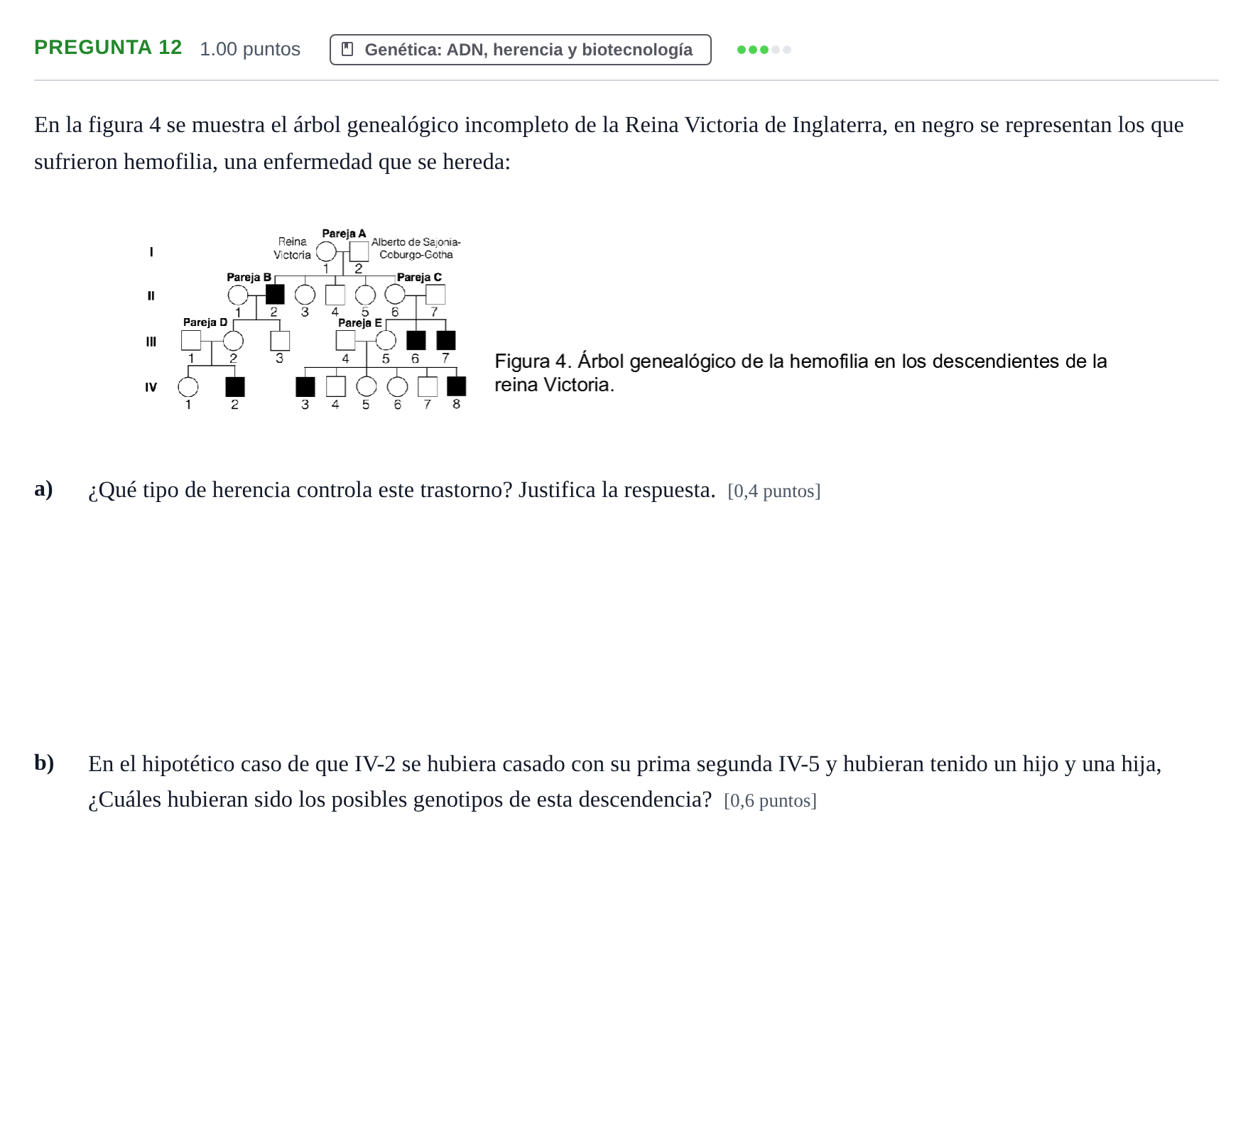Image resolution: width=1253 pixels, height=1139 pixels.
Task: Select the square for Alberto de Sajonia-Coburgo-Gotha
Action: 359,251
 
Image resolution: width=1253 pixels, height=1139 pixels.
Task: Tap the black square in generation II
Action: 275,294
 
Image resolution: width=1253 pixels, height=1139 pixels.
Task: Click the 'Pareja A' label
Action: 344,234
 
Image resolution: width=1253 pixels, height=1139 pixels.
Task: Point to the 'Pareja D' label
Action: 205,322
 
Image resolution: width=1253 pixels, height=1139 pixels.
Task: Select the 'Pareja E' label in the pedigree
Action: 360,323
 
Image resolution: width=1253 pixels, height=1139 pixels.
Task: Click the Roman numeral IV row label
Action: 151,387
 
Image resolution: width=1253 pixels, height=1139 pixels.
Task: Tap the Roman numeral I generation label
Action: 151,252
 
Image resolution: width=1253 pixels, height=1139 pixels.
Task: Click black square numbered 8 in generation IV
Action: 457,386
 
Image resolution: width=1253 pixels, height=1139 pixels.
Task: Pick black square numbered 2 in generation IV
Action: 235,387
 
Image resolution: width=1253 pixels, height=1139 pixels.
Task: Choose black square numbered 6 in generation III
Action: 416,340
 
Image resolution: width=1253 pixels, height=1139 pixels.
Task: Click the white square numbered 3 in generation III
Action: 280,341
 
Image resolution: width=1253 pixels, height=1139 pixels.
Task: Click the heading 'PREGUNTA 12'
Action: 108,48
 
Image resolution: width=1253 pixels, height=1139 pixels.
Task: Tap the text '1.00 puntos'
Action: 250,49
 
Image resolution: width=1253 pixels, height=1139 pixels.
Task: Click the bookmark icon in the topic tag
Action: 347,49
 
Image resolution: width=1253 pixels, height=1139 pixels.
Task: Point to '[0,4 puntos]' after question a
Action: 774,491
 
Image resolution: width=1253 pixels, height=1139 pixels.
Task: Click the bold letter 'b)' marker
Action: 44,763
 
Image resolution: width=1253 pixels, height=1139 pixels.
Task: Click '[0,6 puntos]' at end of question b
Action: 771,801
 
